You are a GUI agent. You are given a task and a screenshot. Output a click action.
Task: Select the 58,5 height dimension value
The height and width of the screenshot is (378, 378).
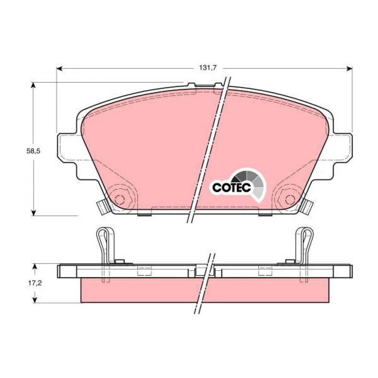click(x=33, y=151)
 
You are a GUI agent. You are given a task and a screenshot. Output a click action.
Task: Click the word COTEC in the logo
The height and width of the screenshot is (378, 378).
click(x=232, y=187)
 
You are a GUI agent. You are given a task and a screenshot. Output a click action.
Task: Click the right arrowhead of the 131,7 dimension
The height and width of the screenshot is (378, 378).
click(x=349, y=69)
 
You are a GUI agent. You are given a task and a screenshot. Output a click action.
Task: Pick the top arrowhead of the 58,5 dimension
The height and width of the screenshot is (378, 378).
click(x=34, y=85)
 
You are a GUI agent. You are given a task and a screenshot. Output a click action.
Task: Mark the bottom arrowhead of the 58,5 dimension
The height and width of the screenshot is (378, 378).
click(x=34, y=212)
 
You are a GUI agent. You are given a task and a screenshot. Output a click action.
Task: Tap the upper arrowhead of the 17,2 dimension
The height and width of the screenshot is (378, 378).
click(x=35, y=267)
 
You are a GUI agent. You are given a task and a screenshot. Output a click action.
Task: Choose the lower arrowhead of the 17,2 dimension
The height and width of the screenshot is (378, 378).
click(x=35, y=299)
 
